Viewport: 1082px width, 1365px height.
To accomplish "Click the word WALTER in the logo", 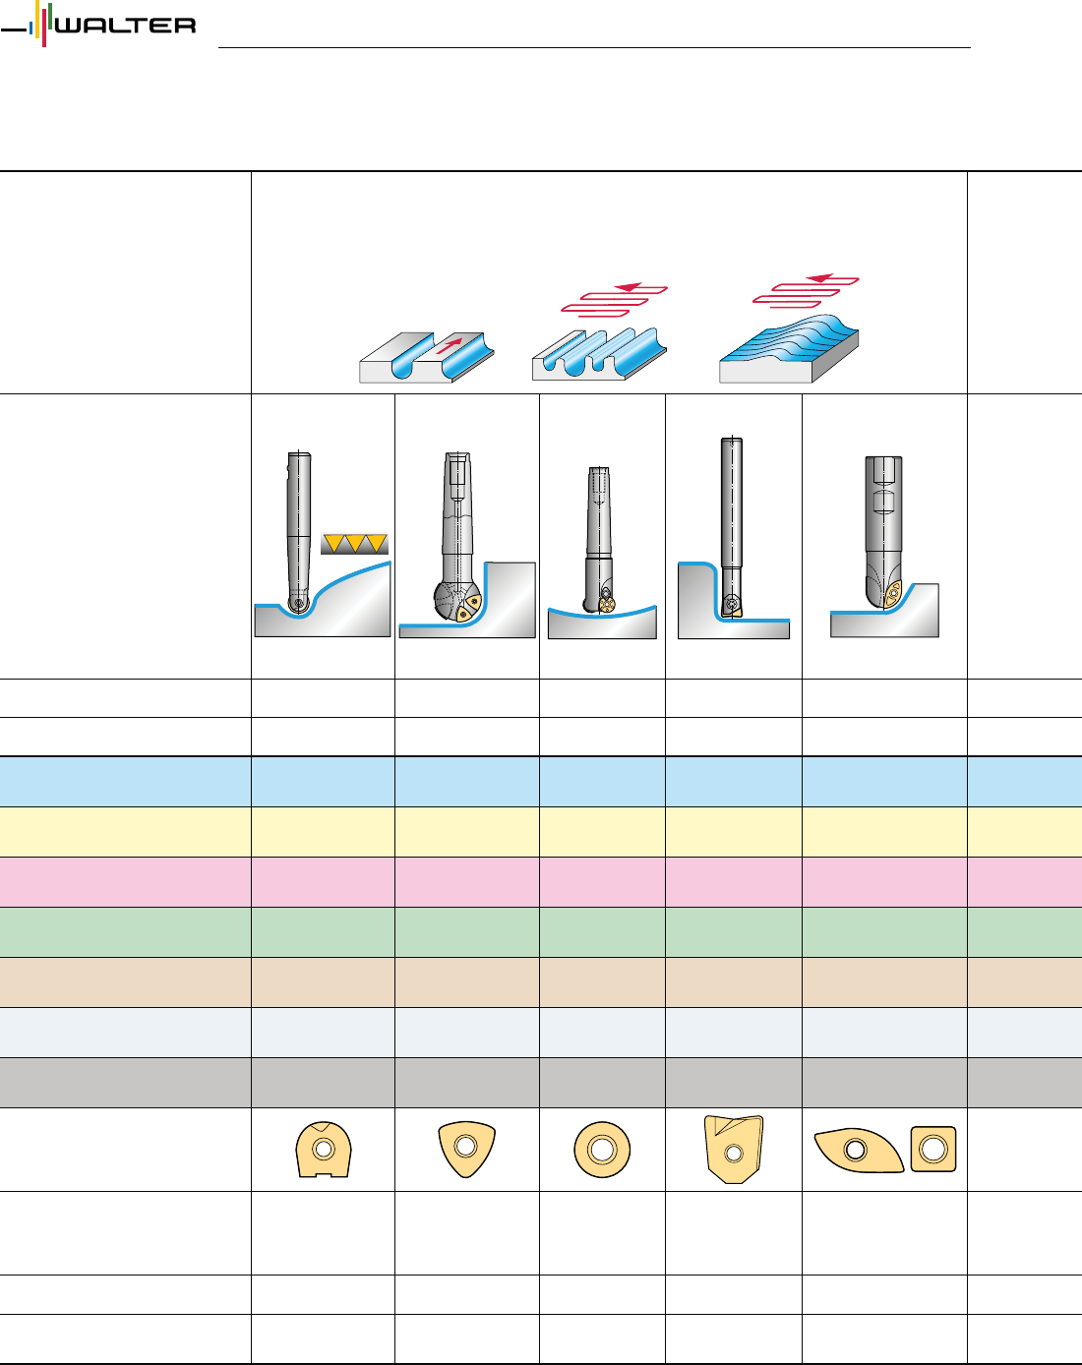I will click(x=125, y=27).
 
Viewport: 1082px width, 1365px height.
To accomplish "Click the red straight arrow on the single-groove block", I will click(x=448, y=346).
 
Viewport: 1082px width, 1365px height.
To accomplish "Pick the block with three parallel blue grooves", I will click(x=599, y=353).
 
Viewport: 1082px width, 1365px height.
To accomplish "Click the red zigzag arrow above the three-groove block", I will click(x=616, y=299).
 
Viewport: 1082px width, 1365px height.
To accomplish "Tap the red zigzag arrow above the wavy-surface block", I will click(x=806, y=290).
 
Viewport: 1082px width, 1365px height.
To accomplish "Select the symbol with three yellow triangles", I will click(x=354, y=543).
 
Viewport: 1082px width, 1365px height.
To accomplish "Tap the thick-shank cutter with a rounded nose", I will click(x=883, y=531).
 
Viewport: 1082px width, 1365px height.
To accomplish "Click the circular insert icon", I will click(x=602, y=1149).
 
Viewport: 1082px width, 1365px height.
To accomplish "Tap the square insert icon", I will click(x=933, y=1148).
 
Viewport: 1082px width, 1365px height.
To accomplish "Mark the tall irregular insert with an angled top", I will click(x=733, y=1149).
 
